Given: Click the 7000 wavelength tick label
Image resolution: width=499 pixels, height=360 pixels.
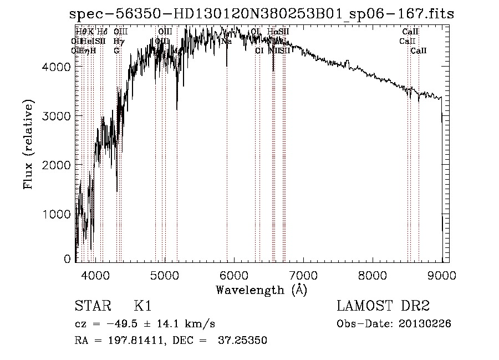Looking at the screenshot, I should tap(303, 275).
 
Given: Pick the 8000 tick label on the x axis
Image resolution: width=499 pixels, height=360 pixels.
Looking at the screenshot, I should tap(373, 275).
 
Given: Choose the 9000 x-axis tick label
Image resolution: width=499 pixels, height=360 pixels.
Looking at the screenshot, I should tap(441, 275).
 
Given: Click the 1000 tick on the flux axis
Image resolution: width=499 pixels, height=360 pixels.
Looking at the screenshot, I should tap(57, 214).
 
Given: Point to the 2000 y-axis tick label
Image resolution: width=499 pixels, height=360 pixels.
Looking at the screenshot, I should tap(57, 165).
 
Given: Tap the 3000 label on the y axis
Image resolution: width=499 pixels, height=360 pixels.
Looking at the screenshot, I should tap(57, 115).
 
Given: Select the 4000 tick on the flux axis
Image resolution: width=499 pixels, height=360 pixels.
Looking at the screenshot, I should tap(57, 67).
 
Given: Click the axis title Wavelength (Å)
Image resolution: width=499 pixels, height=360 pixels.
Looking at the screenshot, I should tap(261, 290).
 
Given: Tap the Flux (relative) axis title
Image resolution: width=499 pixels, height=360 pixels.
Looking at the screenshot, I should tap(28, 144).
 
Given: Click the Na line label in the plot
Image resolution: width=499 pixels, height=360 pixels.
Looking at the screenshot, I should tap(226, 41).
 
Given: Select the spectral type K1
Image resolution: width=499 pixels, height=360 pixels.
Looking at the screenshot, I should tap(142, 306).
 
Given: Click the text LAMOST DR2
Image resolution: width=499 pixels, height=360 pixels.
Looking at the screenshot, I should tap(383, 306).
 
